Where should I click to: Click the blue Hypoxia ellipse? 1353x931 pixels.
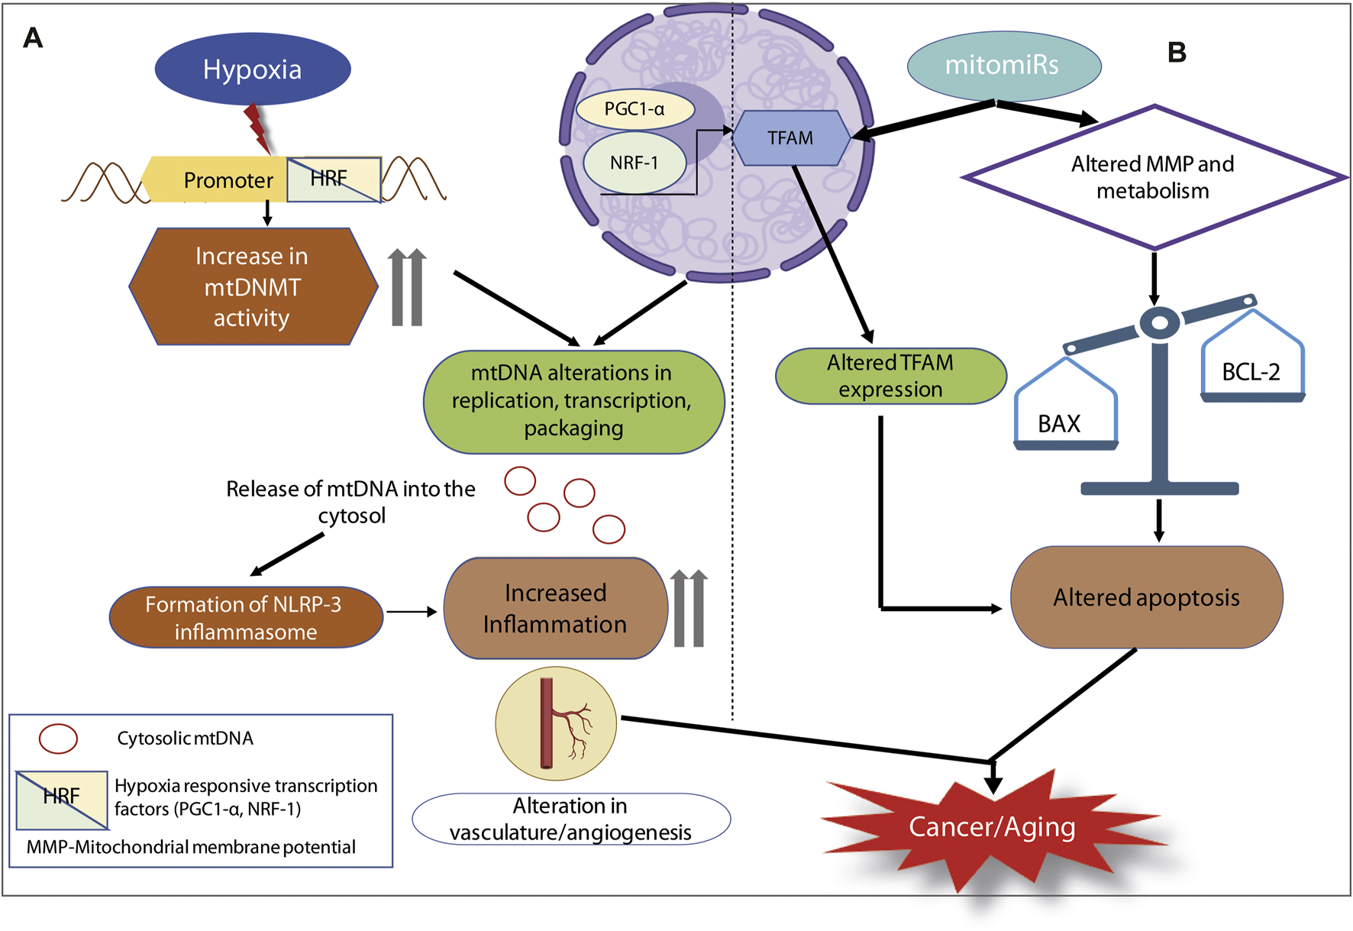click(x=253, y=70)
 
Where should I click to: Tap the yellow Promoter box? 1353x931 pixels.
click(x=221, y=180)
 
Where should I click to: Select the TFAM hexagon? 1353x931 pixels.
click(x=791, y=138)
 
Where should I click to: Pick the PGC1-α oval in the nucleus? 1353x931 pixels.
click(x=635, y=109)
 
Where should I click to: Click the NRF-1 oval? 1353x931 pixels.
click(x=635, y=163)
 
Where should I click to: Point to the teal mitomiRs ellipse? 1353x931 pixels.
click(x=1003, y=66)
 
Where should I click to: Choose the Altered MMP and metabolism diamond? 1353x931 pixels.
click(x=1153, y=177)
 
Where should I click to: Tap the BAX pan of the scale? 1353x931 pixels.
click(x=1064, y=416)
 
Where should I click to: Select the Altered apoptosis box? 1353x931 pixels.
click(x=1146, y=597)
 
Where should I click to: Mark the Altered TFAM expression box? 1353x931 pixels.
click(x=890, y=376)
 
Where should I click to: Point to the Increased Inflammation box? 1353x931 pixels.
click(x=555, y=609)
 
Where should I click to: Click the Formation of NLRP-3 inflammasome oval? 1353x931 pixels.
click(x=245, y=618)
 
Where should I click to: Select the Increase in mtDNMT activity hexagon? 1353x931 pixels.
click(x=253, y=286)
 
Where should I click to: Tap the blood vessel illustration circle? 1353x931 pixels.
click(x=556, y=723)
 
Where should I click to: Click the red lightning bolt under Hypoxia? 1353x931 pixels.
click(x=257, y=128)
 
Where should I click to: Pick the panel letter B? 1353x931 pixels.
click(x=1177, y=53)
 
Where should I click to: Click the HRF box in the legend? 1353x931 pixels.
click(x=62, y=800)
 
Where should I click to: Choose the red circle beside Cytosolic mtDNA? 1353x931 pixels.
click(x=58, y=739)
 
